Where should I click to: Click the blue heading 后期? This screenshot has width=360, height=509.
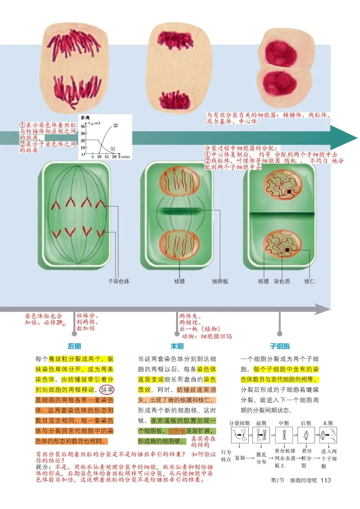tap(74, 346)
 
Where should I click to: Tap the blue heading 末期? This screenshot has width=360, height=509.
tap(177, 346)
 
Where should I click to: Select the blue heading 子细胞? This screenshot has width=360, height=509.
tap(280, 346)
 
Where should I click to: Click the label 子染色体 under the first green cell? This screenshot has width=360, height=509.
tap(119, 281)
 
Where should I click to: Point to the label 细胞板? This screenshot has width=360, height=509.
tap(220, 281)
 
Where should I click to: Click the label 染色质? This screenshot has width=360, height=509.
tap(282, 281)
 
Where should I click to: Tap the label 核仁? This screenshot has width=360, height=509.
tap(310, 281)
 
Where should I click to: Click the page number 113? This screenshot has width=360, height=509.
tap(326, 480)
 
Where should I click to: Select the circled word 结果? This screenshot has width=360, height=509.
tap(107, 390)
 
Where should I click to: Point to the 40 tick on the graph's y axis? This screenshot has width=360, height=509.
tap(83, 126)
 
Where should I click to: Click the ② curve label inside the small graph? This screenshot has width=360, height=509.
tap(115, 125)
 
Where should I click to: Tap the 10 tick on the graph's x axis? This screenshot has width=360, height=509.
tap(99, 157)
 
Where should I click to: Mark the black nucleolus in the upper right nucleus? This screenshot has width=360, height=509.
tap(289, 192)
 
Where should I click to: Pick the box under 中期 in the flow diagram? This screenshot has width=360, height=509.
tap(284, 435)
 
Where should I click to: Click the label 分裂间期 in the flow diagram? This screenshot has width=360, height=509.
tap(239, 423)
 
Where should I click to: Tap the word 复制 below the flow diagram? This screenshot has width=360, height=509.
tap(239, 458)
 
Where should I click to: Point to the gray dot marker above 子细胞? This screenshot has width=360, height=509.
tap(280, 334)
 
